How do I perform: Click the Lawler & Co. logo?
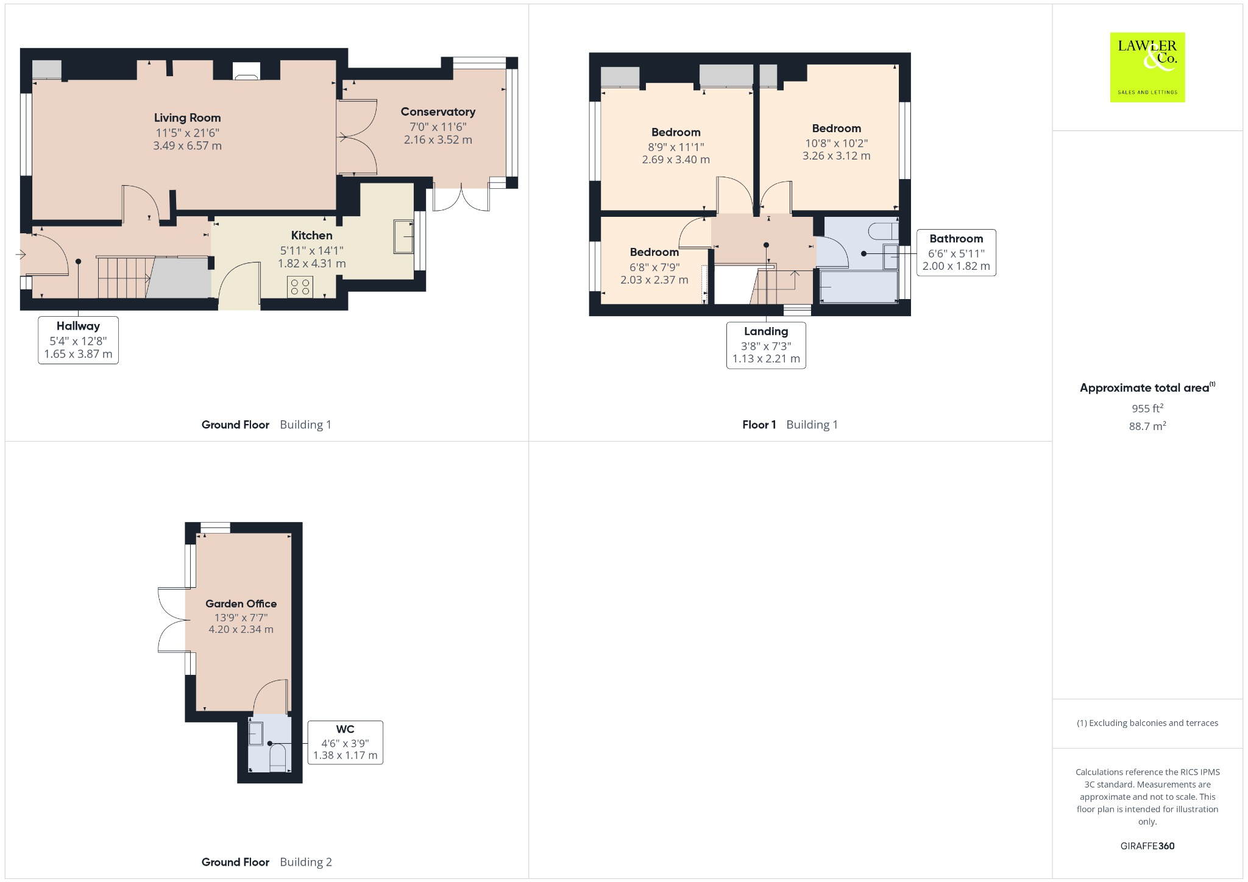tap(1147, 67)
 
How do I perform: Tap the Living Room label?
tap(187, 118)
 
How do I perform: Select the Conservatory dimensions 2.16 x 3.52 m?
tap(438, 140)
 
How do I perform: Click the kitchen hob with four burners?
tap(300, 287)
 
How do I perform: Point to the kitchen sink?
tap(403, 236)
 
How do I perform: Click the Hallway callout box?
tap(78, 340)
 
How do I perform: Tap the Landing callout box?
tap(766, 345)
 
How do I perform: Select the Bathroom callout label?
tap(955, 239)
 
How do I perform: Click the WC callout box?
tap(345, 743)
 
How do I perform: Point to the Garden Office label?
tap(241, 604)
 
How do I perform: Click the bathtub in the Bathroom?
tap(859, 287)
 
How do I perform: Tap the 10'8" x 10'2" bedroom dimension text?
tap(836, 143)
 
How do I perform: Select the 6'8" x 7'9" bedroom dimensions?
tap(654, 267)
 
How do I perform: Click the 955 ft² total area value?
tap(1147, 408)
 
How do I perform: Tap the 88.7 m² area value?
tap(1147, 426)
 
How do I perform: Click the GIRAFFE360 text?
tap(1147, 845)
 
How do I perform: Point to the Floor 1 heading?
tap(759, 425)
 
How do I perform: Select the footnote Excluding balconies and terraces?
tap(1147, 723)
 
